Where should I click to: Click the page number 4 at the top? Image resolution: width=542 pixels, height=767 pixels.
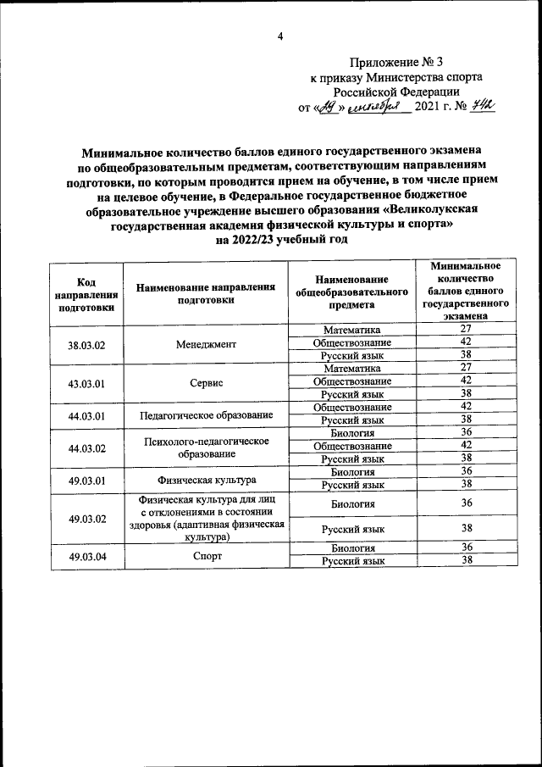click(x=279, y=36)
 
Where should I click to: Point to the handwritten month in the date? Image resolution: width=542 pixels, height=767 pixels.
click(x=380, y=108)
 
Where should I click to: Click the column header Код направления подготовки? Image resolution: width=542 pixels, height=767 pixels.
click(x=86, y=293)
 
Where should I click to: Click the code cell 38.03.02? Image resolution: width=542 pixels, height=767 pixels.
click(x=86, y=344)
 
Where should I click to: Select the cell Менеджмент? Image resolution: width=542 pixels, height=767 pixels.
click(x=206, y=344)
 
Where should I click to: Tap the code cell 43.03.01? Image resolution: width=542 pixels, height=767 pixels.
click(x=86, y=382)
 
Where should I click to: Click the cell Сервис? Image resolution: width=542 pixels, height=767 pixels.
click(x=206, y=382)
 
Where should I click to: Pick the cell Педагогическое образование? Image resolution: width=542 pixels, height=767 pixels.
click(x=206, y=414)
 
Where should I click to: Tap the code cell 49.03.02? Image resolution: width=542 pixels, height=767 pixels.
click(x=86, y=518)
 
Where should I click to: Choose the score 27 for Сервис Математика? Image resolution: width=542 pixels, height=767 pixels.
click(x=465, y=368)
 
